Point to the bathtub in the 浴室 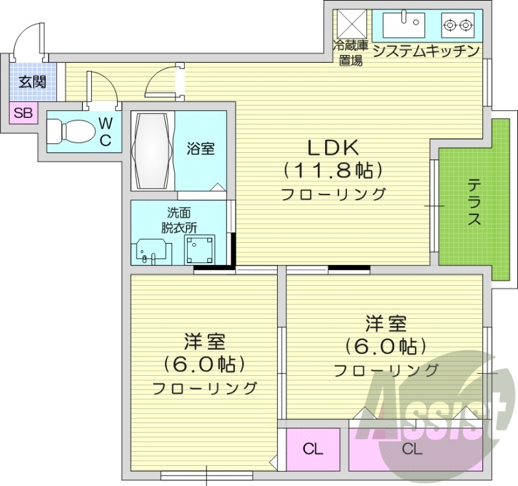click(153, 151)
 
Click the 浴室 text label click(201, 148)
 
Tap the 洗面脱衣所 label click(179, 220)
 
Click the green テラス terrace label click(474, 202)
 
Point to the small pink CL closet click(313, 448)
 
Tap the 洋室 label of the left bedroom click(205, 341)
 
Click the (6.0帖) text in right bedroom click(386, 346)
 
